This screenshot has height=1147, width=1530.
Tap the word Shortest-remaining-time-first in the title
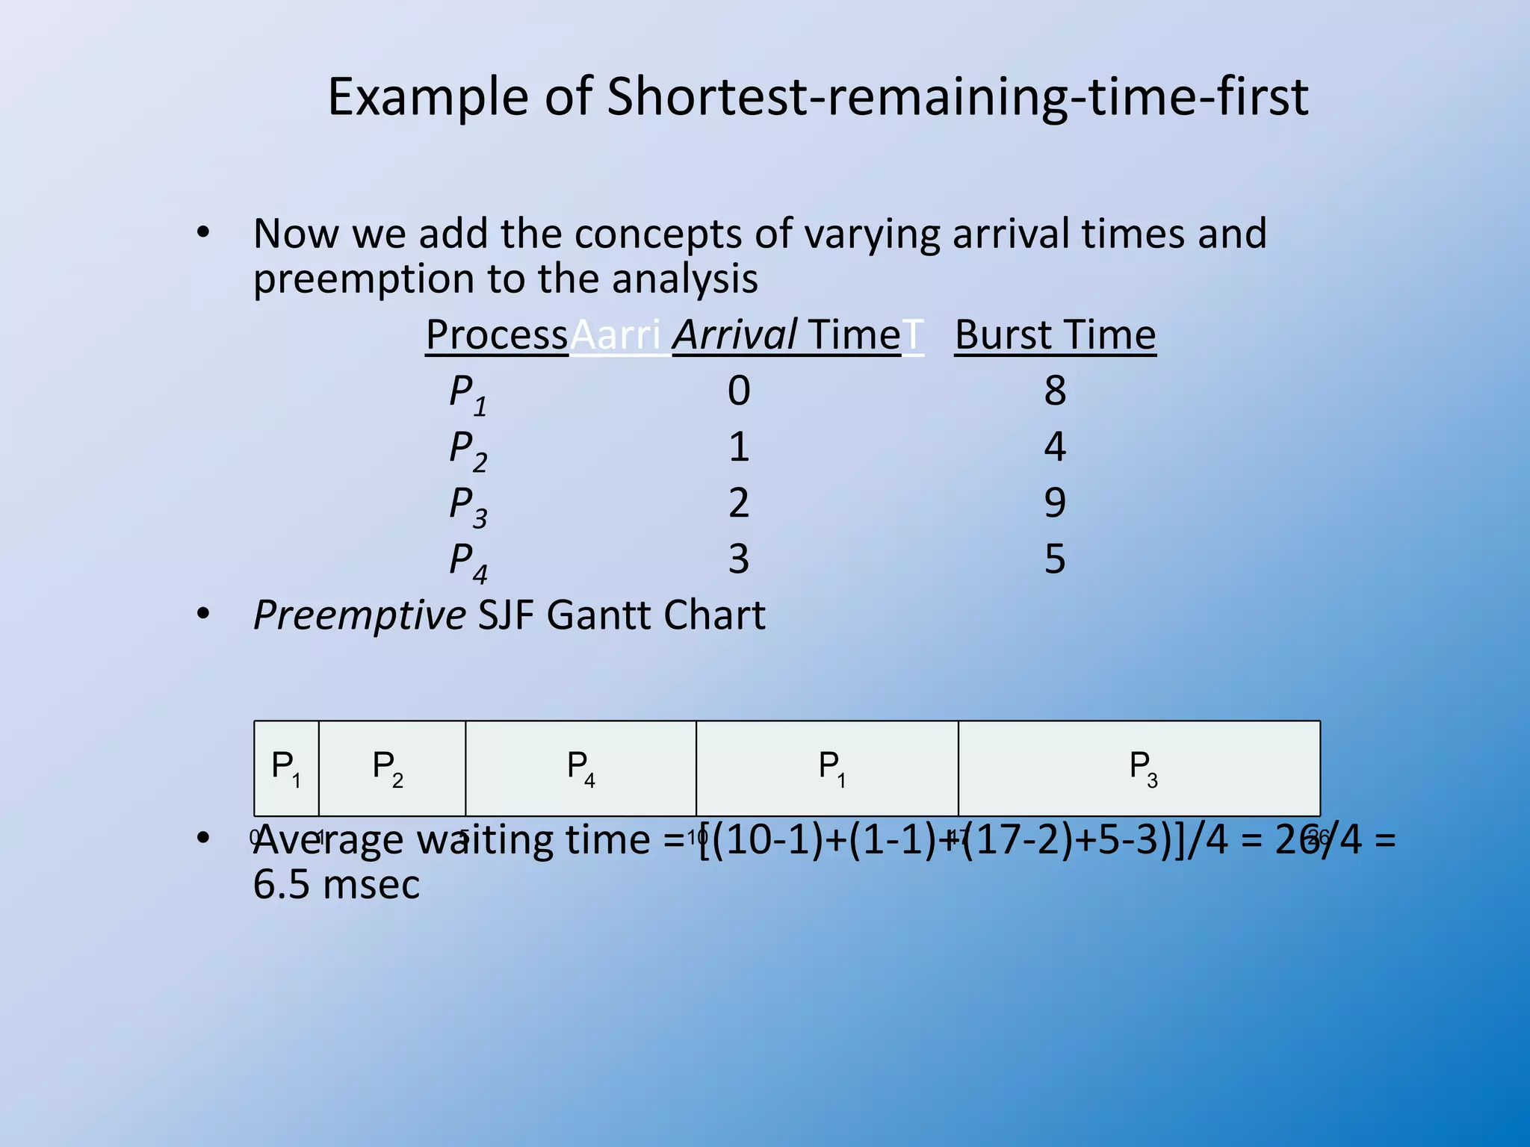(x=957, y=97)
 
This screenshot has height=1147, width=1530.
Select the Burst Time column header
(x=1055, y=335)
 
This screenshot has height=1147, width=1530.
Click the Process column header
(x=497, y=335)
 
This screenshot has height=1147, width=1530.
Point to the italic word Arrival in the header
(x=734, y=335)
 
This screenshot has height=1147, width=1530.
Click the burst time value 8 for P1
(x=1055, y=391)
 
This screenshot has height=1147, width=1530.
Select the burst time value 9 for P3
(x=1055, y=503)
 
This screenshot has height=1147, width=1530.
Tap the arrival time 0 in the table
(x=739, y=391)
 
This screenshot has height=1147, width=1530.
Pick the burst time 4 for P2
(x=1055, y=447)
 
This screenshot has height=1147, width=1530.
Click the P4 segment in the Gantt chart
(x=580, y=768)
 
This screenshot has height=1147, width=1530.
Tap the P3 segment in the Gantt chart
(x=1140, y=768)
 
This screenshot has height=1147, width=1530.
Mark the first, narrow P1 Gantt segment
(x=286, y=768)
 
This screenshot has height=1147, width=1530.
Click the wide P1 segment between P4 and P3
(x=828, y=768)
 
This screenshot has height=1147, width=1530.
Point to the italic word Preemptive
(x=359, y=616)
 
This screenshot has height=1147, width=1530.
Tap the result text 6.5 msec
(x=336, y=886)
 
